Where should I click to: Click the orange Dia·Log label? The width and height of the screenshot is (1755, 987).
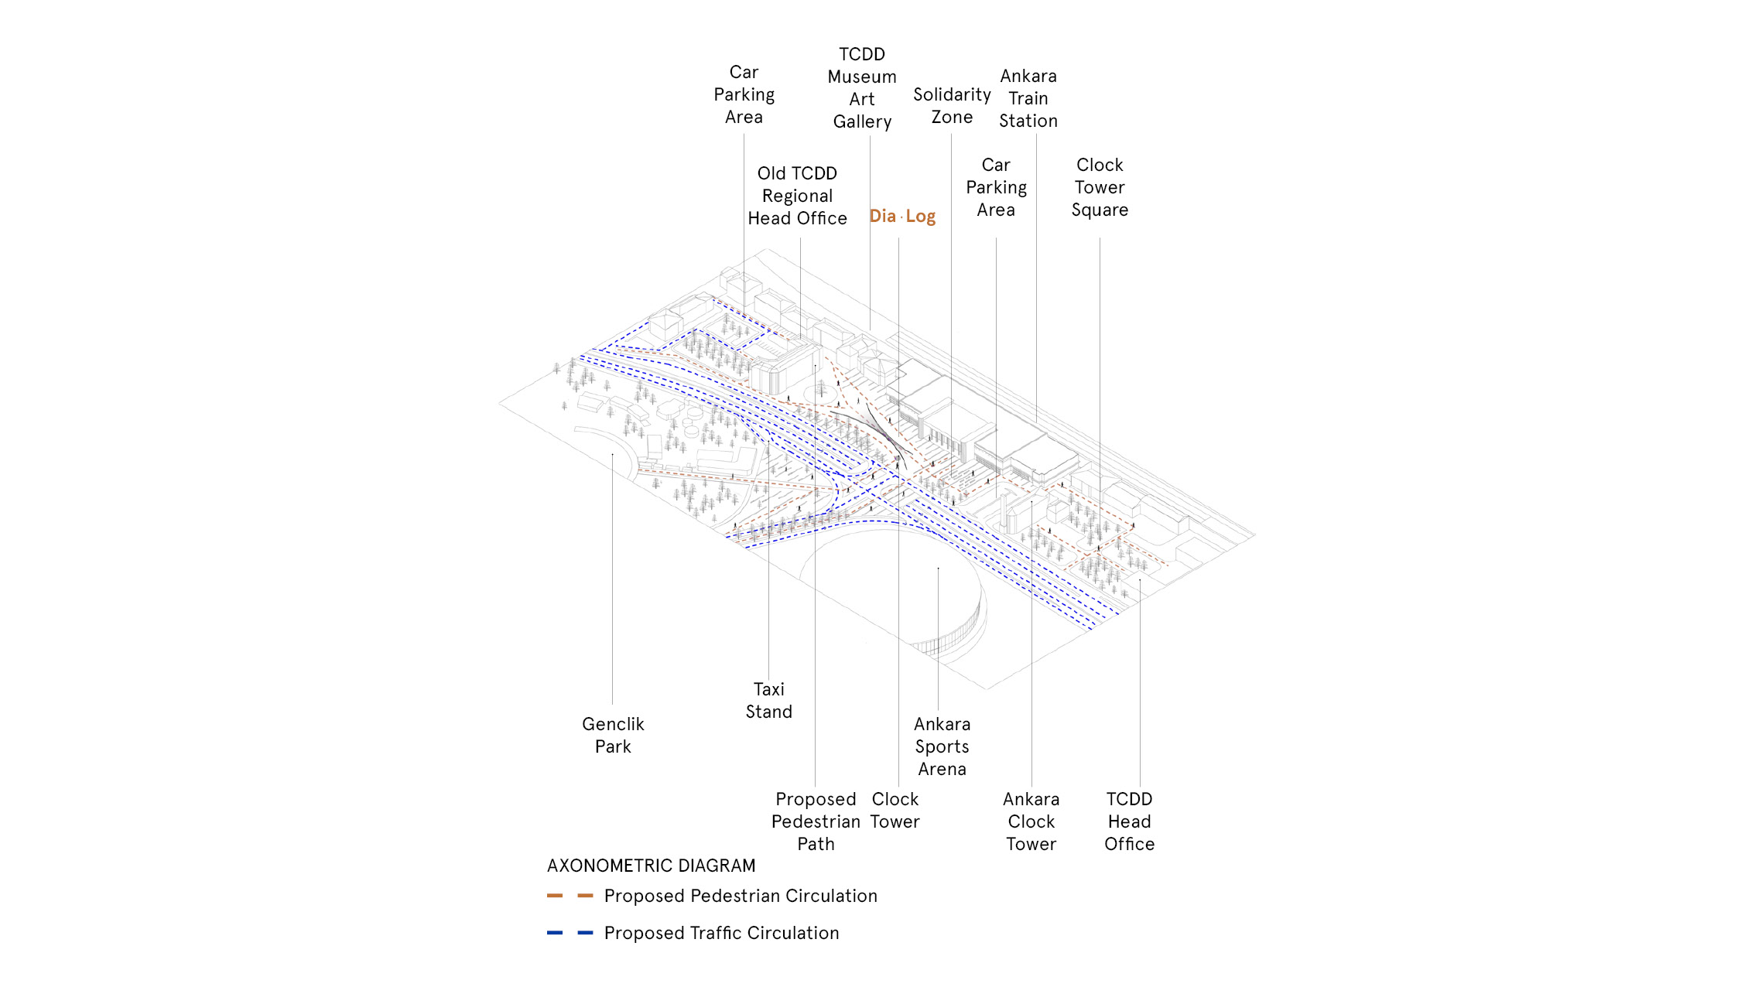pyautogui.click(x=902, y=217)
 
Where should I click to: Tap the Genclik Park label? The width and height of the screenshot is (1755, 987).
pyautogui.click(x=613, y=735)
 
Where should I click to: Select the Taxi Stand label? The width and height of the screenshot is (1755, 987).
pyautogui.click(x=769, y=700)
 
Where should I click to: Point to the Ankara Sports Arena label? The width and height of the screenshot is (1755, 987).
pyautogui.click(x=942, y=746)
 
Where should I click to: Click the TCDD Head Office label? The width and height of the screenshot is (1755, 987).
pyautogui.click(x=1130, y=821)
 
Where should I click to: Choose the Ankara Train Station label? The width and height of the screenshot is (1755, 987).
pyautogui.click(x=1028, y=98)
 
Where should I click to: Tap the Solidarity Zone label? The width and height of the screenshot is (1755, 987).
pyautogui.click(x=952, y=106)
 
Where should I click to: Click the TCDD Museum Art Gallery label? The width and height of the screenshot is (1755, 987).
pyautogui.click(x=862, y=88)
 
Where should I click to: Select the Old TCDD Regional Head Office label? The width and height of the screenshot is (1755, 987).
pyautogui.click(x=797, y=196)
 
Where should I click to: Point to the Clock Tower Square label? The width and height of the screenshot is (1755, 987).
pyautogui.click(x=1100, y=187)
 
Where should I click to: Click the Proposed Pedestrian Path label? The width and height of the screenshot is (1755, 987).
pyautogui.click(x=816, y=821)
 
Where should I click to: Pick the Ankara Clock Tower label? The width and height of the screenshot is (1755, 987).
pyautogui.click(x=1031, y=821)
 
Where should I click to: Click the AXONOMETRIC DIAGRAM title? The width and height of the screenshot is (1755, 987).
pyautogui.click(x=651, y=866)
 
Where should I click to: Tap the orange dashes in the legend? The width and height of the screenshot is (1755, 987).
pyautogui.click(x=570, y=896)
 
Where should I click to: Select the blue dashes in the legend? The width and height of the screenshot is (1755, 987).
pyautogui.click(x=570, y=933)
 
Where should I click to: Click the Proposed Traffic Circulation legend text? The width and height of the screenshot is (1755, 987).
pyautogui.click(x=721, y=933)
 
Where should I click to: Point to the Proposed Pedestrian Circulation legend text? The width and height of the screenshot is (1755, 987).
pyautogui.click(x=741, y=896)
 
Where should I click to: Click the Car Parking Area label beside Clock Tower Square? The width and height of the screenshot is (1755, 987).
pyautogui.click(x=996, y=187)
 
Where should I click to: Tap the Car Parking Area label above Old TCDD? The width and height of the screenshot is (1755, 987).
pyautogui.click(x=744, y=94)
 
